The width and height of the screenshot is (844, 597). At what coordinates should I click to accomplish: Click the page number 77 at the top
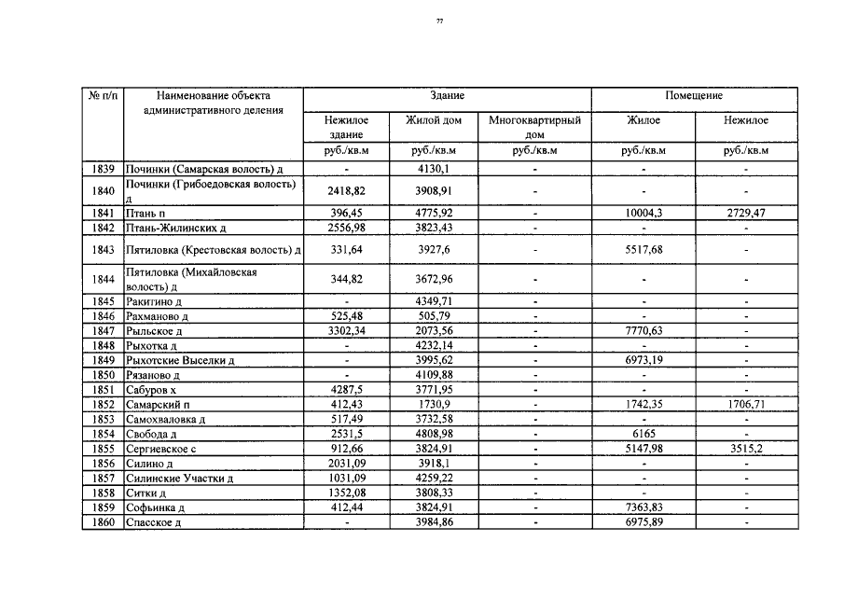point(439,21)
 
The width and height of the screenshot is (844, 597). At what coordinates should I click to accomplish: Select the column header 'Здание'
point(447,96)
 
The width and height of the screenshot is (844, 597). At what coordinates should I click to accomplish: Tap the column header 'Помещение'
point(694,96)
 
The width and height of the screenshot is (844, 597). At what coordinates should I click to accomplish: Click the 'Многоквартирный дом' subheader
point(534,127)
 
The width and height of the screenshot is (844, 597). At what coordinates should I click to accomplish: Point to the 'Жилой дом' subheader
point(434,120)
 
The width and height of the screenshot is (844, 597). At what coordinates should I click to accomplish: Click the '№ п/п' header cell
point(103,96)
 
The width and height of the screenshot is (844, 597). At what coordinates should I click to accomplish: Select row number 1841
point(104,214)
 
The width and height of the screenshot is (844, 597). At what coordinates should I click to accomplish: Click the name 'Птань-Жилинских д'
point(177,228)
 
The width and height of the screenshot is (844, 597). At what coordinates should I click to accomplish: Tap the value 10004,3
point(643,214)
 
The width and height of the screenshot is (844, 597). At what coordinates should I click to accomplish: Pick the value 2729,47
point(746,214)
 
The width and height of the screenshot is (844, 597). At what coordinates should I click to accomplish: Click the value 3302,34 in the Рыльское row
point(346,331)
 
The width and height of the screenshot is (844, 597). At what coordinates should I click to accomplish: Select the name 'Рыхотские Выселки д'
point(180,361)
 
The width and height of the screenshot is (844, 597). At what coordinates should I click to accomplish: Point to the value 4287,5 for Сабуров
point(346,390)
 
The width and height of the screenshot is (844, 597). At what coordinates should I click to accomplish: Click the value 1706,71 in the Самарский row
point(746,405)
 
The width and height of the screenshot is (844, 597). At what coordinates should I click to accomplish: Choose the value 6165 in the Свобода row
point(643,434)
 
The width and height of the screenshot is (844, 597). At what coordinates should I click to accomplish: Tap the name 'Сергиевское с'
point(161,449)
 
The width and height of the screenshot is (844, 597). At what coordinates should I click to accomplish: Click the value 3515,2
point(746,449)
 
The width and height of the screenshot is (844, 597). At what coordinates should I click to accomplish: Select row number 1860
point(104,522)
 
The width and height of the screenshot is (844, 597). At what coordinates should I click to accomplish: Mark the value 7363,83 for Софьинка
point(643,507)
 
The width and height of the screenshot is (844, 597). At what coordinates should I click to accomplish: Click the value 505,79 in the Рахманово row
point(434,316)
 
